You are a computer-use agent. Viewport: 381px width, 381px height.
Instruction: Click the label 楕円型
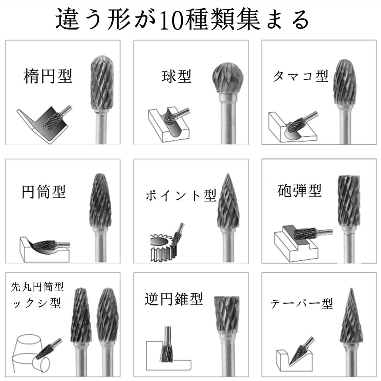(48, 76)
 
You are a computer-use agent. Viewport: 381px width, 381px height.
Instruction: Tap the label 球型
(177, 76)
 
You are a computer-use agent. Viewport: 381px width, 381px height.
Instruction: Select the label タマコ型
(301, 76)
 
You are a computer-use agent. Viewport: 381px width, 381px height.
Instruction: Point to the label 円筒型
(43, 191)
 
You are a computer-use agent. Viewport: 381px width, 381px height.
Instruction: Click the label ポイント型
(181, 196)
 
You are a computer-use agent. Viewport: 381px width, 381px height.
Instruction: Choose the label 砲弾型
(299, 190)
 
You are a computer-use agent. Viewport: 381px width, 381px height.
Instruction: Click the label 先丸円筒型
(37, 287)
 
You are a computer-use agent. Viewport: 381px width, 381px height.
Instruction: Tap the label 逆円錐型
(174, 299)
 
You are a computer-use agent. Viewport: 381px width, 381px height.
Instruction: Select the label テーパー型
(301, 304)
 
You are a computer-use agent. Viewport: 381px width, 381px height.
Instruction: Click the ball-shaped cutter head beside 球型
(228, 78)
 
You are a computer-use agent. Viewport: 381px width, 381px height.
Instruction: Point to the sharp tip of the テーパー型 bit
(351, 289)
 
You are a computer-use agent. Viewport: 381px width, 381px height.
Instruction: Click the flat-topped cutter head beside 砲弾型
(349, 200)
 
